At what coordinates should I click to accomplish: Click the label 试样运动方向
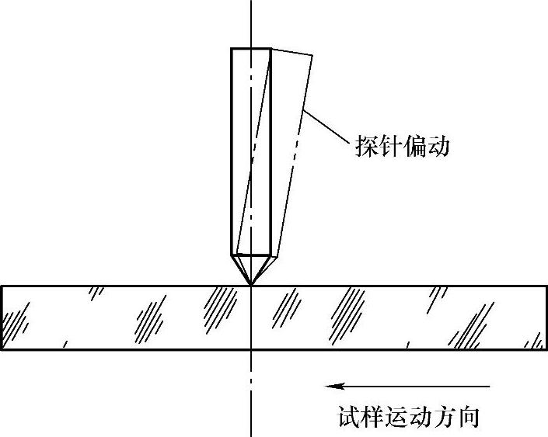click(x=407, y=417)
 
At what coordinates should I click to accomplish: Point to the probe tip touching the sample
click(x=251, y=285)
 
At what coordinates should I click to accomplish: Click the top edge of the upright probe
click(x=250, y=48)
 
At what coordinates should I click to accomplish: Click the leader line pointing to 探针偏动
click(x=326, y=127)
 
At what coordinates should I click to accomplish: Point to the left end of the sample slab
click(x=2, y=318)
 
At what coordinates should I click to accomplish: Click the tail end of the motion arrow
click(x=490, y=385)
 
